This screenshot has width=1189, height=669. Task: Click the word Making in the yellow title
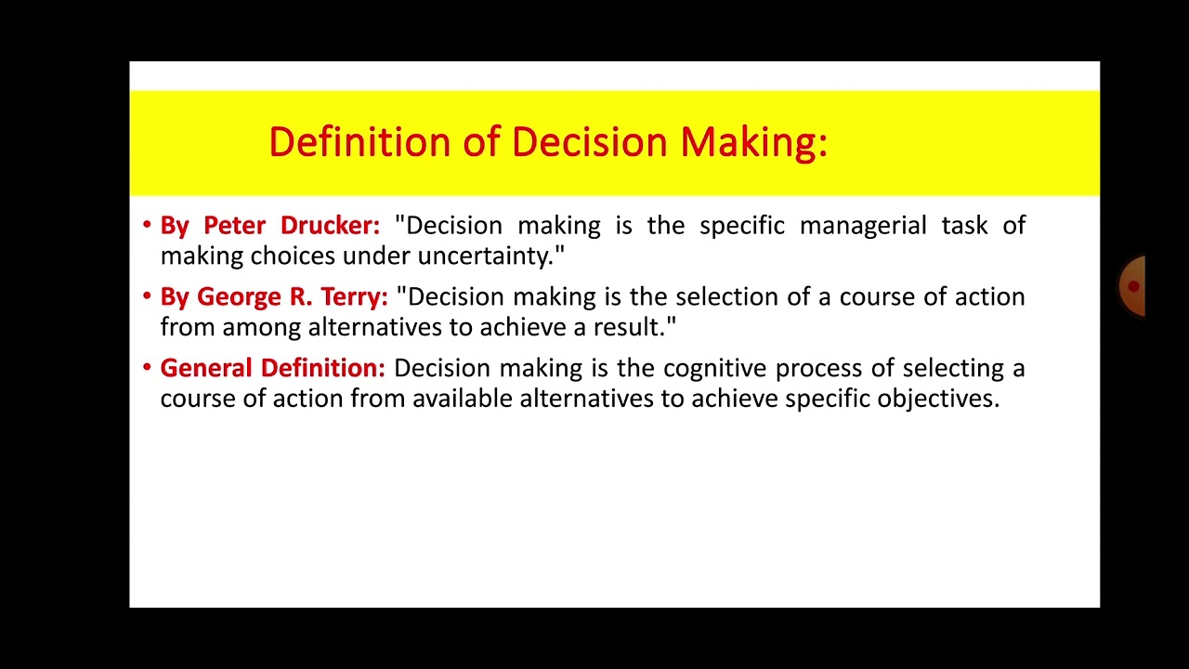coord(753,143)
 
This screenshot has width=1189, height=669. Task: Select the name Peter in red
coord(234,226)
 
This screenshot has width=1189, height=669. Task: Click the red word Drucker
coord(330,226)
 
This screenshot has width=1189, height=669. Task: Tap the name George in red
coord(239,297)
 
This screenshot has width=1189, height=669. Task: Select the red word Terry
coord(354,297)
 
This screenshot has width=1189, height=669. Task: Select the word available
coord(463,400)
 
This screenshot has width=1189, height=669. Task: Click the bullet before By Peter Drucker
coord(147,225)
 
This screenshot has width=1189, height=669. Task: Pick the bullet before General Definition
coord(147,368)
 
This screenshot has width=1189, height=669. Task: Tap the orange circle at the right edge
coord(1132,286)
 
